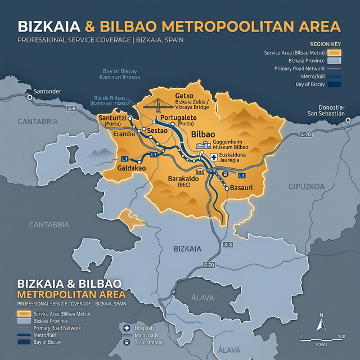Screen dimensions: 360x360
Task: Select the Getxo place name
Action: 185,96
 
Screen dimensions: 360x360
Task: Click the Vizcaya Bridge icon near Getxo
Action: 158,103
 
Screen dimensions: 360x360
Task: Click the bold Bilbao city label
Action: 203,135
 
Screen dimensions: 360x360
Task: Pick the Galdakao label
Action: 132,168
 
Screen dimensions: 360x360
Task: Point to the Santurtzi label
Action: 112,118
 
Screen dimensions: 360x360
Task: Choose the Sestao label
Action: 157,130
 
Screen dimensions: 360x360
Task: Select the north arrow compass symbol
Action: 321,323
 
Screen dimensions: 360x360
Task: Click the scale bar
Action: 321,338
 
